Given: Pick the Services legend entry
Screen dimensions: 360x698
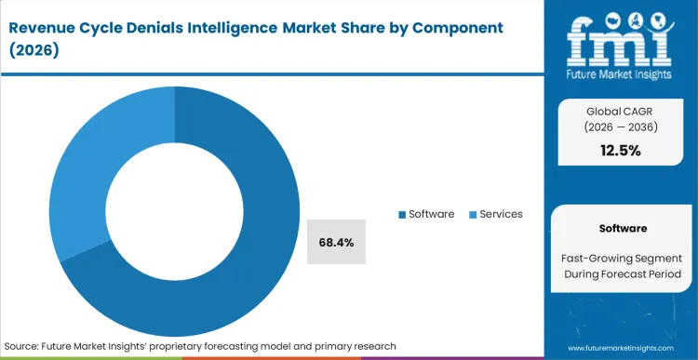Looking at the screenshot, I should [502, 214].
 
